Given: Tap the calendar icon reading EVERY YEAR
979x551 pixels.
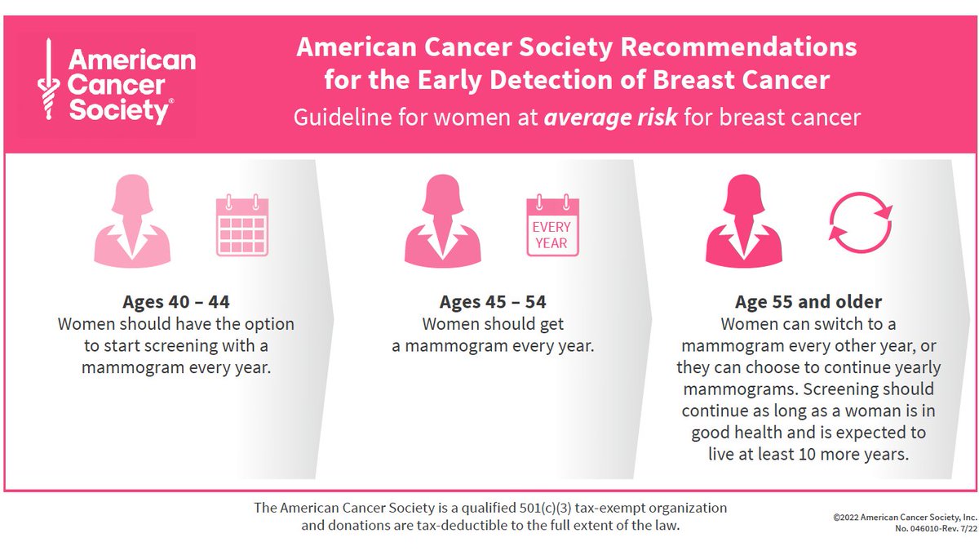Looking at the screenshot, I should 552,226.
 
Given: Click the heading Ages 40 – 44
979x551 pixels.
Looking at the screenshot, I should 176,302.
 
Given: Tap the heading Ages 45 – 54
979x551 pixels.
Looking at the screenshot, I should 493,302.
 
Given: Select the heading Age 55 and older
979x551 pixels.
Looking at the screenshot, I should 808,302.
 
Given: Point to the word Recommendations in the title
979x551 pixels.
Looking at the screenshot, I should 739,47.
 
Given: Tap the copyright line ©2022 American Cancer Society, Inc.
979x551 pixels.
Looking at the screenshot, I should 905,518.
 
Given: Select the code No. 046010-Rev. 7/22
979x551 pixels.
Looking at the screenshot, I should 922,529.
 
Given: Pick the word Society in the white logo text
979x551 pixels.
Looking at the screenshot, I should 119,110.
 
